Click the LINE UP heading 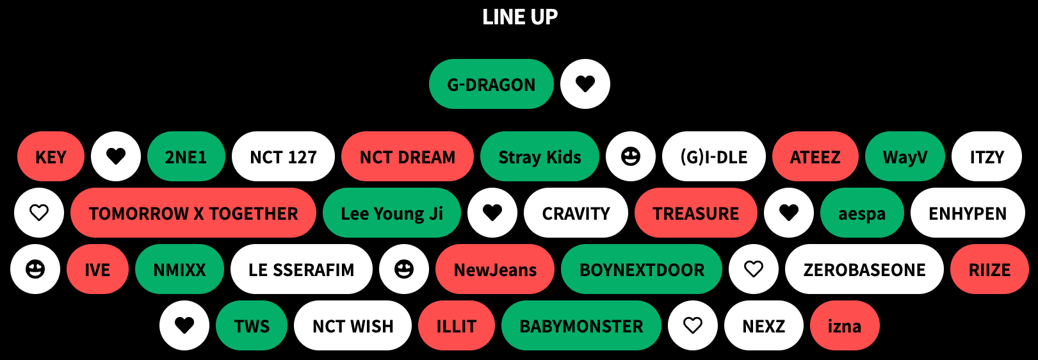pos(519,17)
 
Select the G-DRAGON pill pos(491,85)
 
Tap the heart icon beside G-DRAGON pos(585,84)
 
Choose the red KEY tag pos(51,157)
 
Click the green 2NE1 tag pos(186,157)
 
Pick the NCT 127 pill pos(283,157)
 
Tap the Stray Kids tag pos(539,157)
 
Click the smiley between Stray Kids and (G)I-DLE pos(631,156)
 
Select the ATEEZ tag pos(815,157)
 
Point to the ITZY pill pos(987,157)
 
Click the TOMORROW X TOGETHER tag pos(193,213)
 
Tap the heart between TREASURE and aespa pos(789,213)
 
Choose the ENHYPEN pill pos(968,213)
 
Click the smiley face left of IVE pos(35,269)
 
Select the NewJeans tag pos(495,270)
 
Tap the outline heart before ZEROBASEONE pos(754,269)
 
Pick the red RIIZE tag pos(989,270)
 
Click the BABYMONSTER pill pos(581,326)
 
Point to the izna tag pos(844,326)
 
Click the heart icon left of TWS pos(184,325)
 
